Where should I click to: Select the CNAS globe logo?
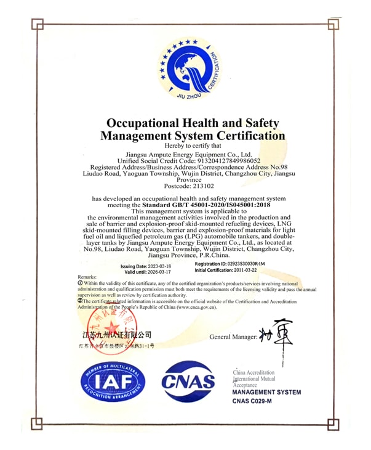tap(188, 382)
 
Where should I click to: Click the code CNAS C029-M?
tap(252, 401)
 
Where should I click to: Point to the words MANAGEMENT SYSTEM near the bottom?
tap(266, 392)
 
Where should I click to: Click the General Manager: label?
tap(233, 337)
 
